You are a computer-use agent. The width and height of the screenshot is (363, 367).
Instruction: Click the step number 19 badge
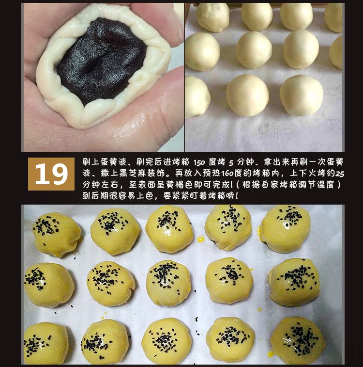(x=51, y=174)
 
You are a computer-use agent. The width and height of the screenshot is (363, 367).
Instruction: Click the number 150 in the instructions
(x=199, y=162)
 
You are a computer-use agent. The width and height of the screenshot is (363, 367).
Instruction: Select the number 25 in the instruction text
(x=340, y=174)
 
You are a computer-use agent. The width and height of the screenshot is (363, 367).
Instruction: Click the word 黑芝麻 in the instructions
(x=133, y=174)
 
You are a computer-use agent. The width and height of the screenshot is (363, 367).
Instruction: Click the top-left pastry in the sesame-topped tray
(x=57, y=234)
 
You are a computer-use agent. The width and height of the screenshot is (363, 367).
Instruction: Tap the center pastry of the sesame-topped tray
(x=168, y=283)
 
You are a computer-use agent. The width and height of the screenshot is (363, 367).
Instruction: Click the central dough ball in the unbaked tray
(x=254, y=50)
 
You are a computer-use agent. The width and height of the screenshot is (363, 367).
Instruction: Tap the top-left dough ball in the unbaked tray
(x=212, y=17)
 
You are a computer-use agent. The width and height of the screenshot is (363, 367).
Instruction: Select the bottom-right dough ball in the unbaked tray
(x=302, y=95)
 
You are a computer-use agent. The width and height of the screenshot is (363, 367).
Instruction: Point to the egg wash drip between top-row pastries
(x=201, y=239)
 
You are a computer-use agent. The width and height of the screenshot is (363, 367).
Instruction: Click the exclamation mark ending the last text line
(x=237, y=196)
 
